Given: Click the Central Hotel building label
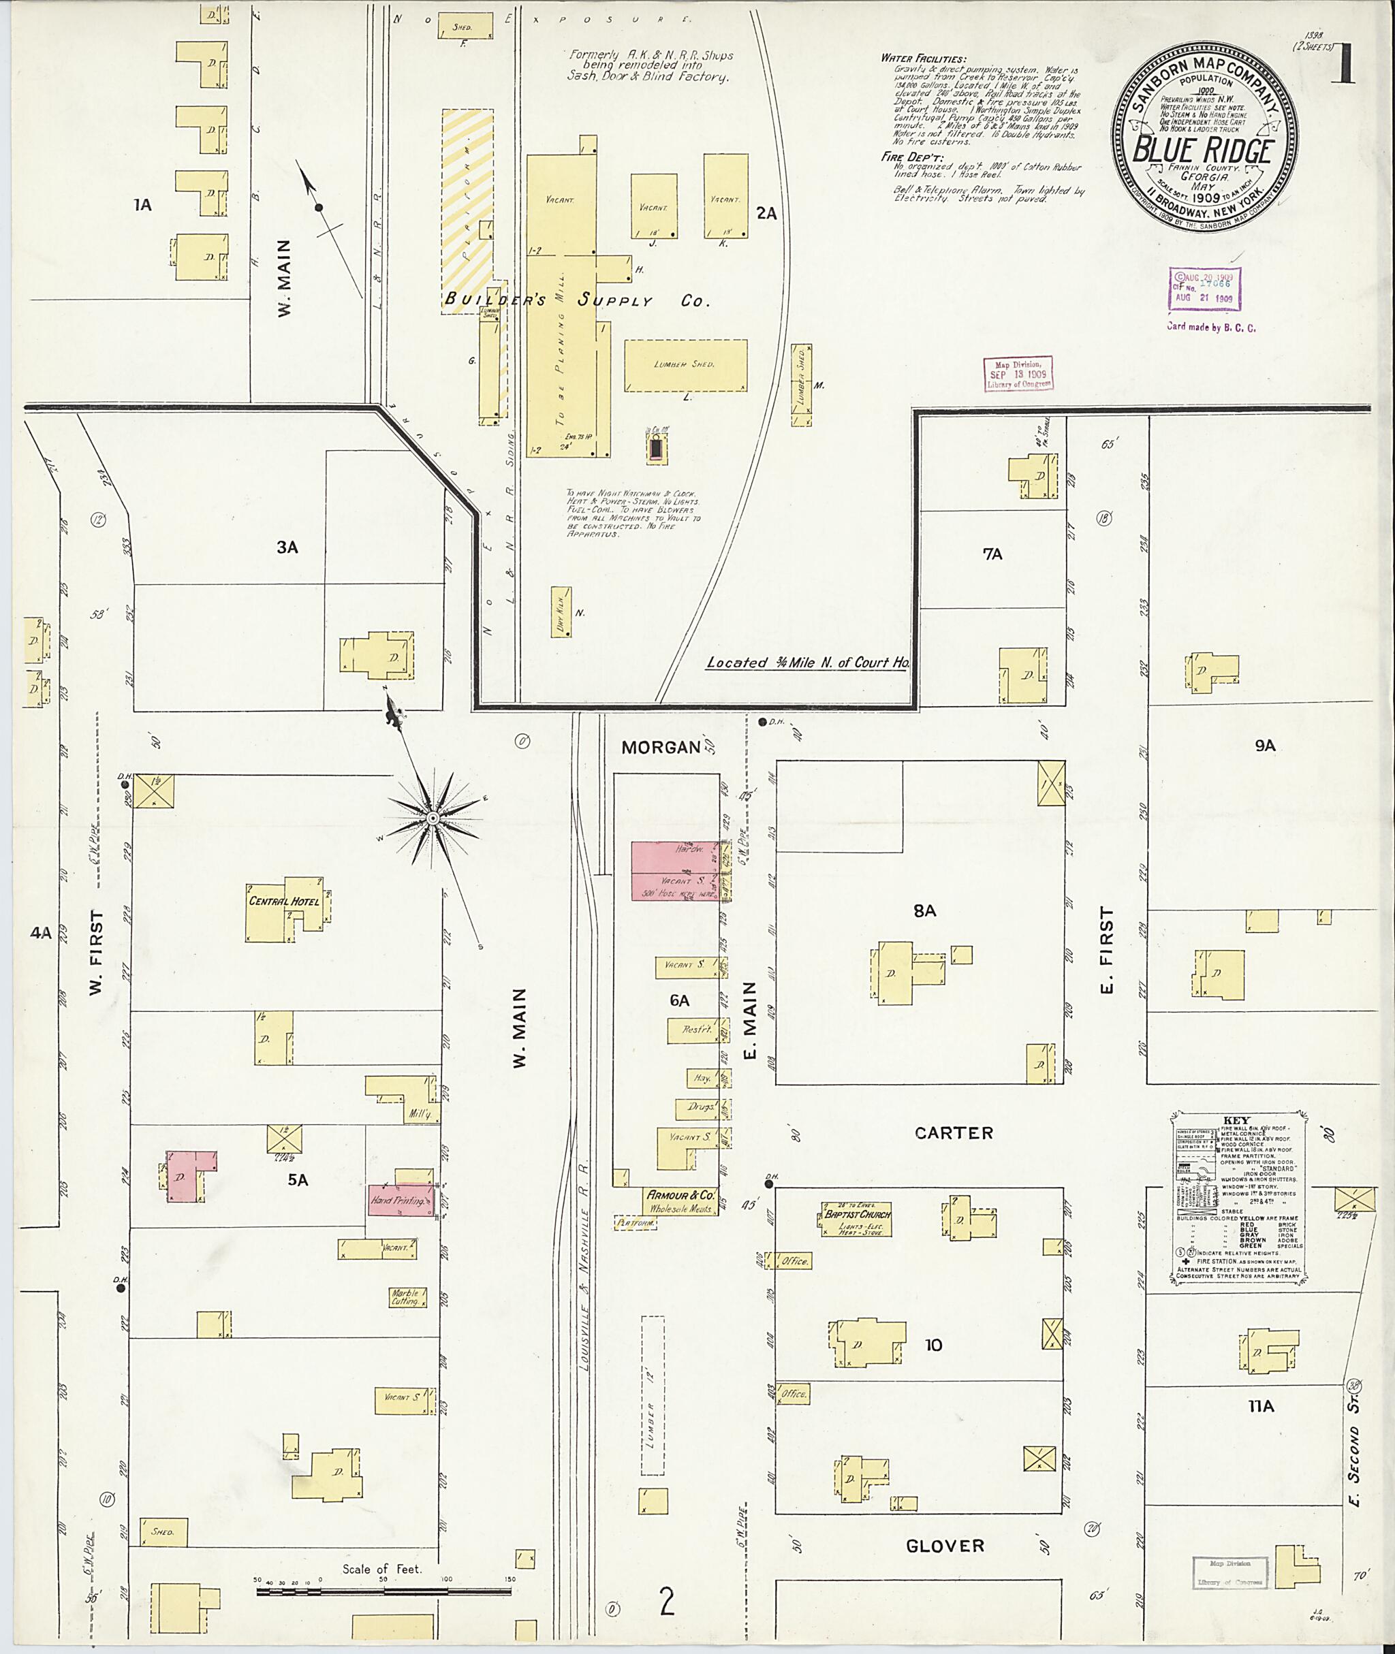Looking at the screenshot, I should pos(284,902).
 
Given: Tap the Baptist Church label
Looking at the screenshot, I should pos(858,1214).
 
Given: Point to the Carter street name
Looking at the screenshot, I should pos(953,1133).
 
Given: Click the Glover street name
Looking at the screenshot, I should pos(945,1546).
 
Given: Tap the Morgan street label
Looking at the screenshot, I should pos(661,747).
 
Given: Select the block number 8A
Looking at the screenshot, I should pos(924,911).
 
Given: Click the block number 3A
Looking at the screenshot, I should pos(287,547).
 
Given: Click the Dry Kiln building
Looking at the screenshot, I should pos(561,612).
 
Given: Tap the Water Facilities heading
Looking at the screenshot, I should pos(923,59).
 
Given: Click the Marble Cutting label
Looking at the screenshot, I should pos(405,1297).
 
